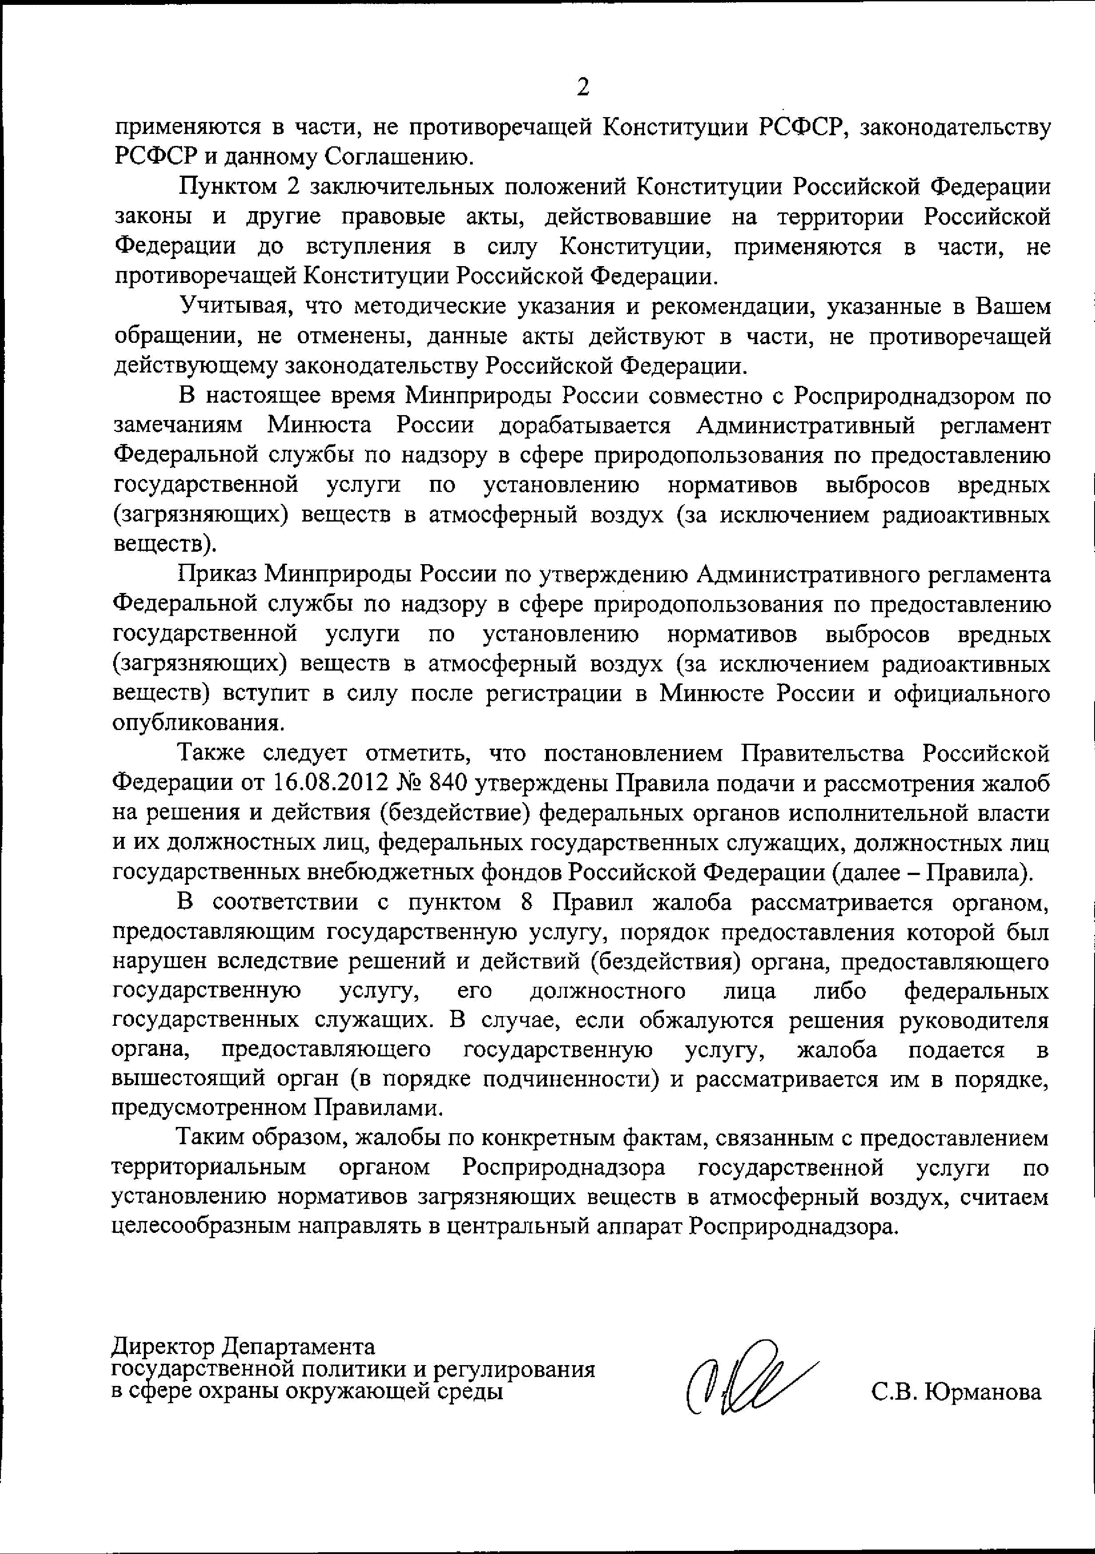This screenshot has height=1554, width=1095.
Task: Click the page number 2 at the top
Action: tap(582, 86)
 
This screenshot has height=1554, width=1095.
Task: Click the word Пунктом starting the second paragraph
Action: tap(228, 187)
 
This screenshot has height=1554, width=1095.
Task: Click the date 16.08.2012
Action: tap(330, 783)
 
